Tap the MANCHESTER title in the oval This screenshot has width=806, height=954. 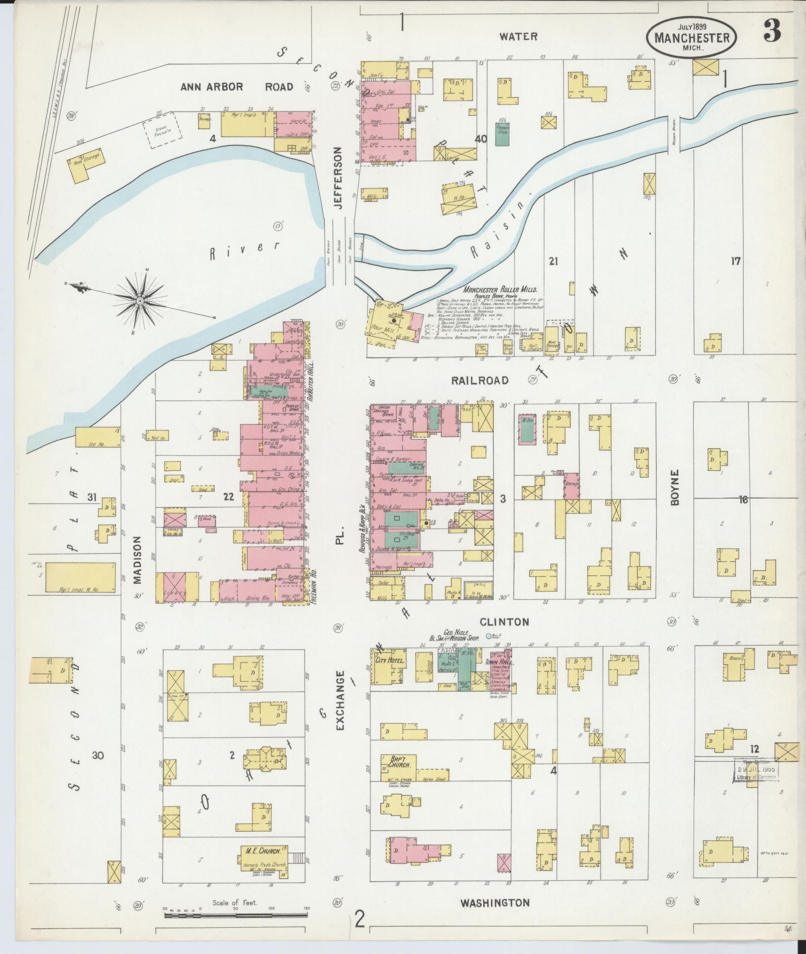[x=692, y=38]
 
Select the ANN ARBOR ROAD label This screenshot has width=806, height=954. [x=236, y=87]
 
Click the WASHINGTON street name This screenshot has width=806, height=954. [x=495, y=903]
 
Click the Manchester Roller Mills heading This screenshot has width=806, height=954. [x=501, y=290]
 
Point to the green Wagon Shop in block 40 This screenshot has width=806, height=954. [x=503, y=133]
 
